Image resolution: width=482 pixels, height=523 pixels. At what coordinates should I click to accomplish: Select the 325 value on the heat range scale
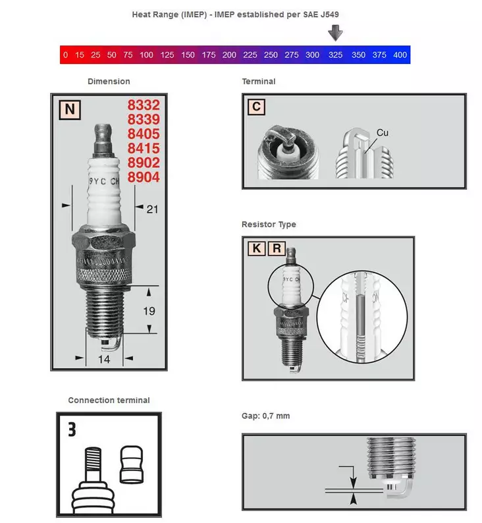(336, 55)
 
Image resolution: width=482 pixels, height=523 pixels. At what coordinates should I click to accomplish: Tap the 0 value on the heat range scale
(66, 55)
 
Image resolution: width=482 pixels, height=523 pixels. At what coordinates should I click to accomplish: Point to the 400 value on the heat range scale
(400, 55)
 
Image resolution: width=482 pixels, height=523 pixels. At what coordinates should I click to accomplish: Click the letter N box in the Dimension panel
(68, 109)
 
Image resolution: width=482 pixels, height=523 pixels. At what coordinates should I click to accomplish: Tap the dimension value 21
(152, 209)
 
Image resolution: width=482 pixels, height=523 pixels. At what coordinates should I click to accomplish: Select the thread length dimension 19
(149, 310)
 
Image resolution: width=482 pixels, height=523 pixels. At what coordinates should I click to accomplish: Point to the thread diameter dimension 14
(104, 359)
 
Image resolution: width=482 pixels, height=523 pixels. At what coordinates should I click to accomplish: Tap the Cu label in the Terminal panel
(383, 133)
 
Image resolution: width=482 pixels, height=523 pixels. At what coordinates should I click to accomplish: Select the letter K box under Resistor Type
(255, 248)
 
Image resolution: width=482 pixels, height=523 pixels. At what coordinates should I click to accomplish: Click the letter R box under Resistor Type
(277, 248)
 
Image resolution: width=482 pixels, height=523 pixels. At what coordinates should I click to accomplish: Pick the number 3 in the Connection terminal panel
(72, 429)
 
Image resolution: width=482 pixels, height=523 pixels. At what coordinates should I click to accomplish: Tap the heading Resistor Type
(269, 225)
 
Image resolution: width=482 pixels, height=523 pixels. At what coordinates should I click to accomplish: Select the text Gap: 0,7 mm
(266, 416)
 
